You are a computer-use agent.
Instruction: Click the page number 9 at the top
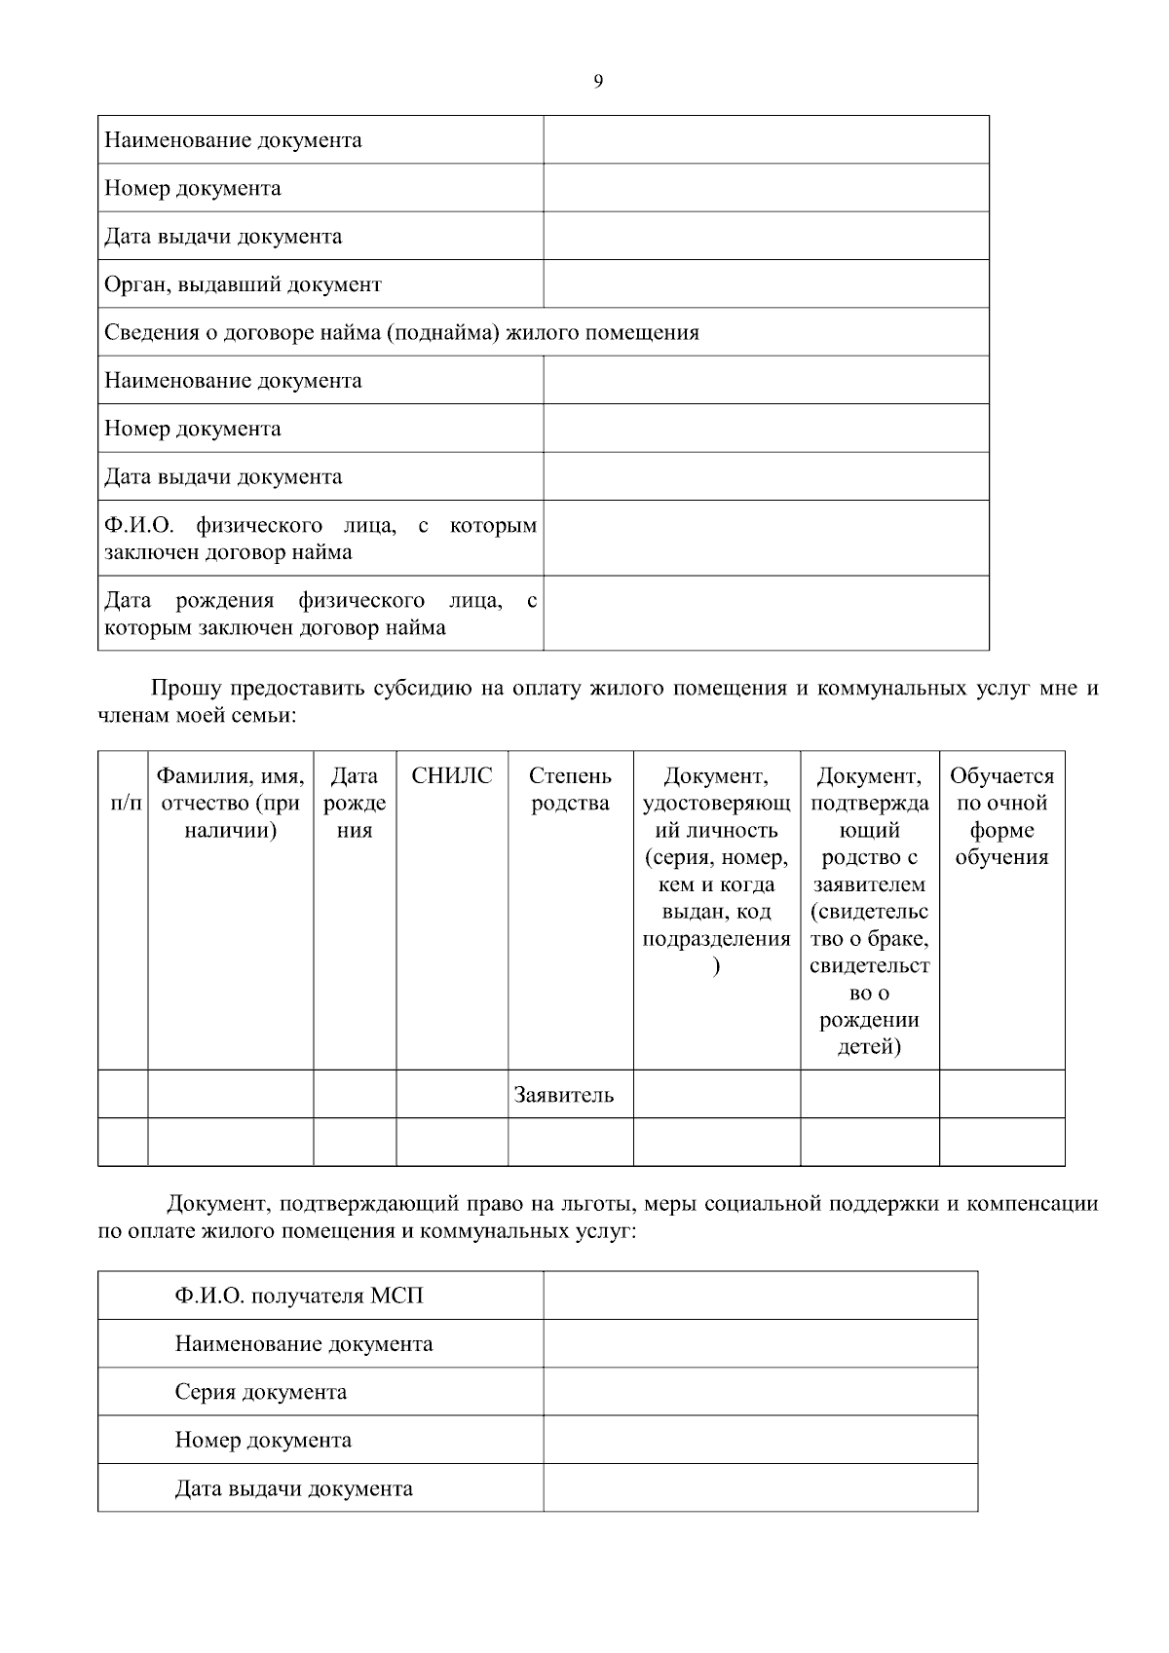(x=597, y=82)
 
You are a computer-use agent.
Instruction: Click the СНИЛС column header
(x=451, y=776)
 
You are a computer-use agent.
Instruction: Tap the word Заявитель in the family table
(x=563, y=1095)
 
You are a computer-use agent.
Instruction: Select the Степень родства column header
(x=570, y=790)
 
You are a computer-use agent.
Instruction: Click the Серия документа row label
(x=260, y=1392)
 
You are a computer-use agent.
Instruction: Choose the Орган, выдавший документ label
(x=243, y=284)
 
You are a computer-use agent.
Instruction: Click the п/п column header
(x=123, y=804)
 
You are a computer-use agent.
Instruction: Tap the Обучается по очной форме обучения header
(x=1001, y=816)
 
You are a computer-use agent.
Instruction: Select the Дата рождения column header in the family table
(x=355, y=803)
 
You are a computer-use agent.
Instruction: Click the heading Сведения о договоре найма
(x=401, y=332)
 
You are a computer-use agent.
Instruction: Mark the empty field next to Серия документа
(x=760, y=1392)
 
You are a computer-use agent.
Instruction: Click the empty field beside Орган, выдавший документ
(x=766, y=284)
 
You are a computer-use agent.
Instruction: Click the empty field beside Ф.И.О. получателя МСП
(x=760, y=1296)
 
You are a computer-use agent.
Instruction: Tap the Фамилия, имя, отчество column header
(x=230, y=803)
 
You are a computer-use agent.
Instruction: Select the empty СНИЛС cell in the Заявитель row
(x=451, y=1094)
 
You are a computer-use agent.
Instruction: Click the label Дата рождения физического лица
(x=320, y=614)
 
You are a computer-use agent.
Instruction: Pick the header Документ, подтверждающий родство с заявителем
(x=869, y=911)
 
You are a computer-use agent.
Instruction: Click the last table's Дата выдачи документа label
(x=293, y=1488)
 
